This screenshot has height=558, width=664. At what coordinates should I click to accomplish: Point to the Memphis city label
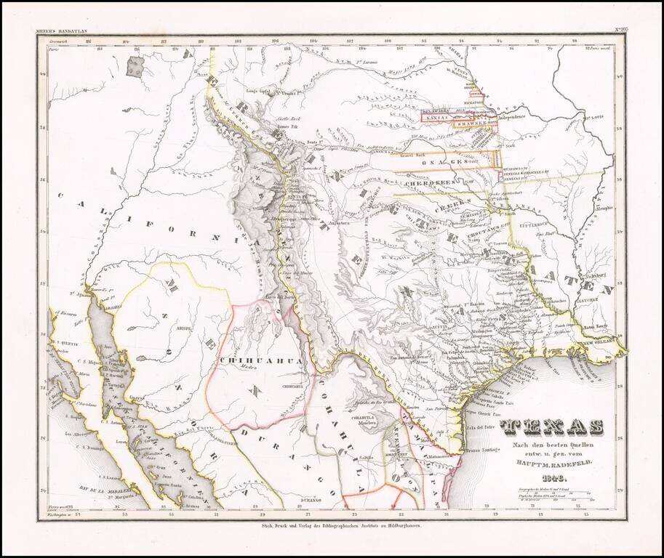604,208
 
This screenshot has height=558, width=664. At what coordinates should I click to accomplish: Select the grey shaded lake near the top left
135,67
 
